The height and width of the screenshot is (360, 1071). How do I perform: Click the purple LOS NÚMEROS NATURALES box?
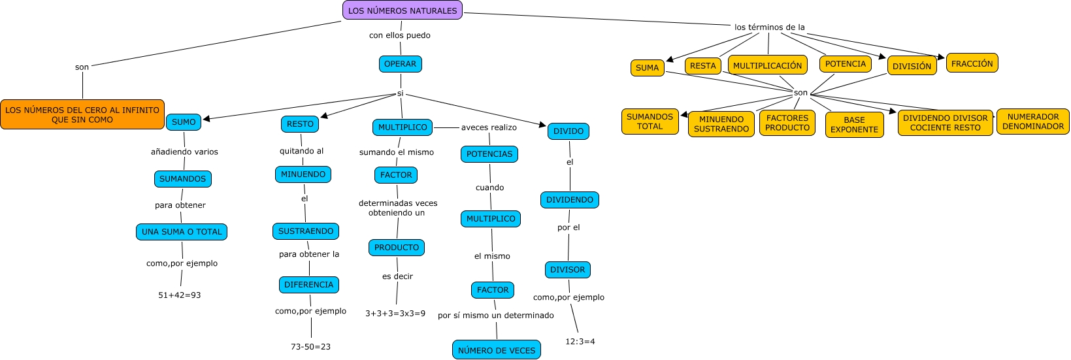(403, 10)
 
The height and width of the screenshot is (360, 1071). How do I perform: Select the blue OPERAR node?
(400, 64)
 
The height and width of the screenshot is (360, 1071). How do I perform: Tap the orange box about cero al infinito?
(82, 115)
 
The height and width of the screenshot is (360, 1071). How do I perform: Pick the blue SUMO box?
(184, 122)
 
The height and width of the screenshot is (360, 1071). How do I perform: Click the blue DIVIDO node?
(568, 131)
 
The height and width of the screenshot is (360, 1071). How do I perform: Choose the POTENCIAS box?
(489, 154)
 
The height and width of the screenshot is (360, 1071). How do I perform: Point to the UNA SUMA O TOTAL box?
(182, 232)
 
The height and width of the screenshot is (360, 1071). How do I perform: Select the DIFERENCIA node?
(308, 285)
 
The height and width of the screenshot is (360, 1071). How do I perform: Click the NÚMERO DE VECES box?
(497, 350)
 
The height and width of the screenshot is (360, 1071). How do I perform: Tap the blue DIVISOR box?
(568, 270)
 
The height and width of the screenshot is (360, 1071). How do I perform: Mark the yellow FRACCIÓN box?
(972, 63)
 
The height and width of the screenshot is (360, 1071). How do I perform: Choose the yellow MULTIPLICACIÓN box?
(768, 65)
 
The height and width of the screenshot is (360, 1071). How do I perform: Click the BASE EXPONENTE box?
(854, 125)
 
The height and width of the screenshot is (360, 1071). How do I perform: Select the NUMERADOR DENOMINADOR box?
(1032, 122)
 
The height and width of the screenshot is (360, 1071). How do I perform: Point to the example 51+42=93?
(180, 295)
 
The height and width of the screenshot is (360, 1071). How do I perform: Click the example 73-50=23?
(310, 347)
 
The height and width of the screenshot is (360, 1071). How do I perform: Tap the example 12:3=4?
(580, 342)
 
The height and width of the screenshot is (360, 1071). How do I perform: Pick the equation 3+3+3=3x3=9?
(395, 314)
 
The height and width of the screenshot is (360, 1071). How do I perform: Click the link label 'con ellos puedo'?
(400, 35)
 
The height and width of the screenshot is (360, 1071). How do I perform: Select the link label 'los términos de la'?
(769, 27)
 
